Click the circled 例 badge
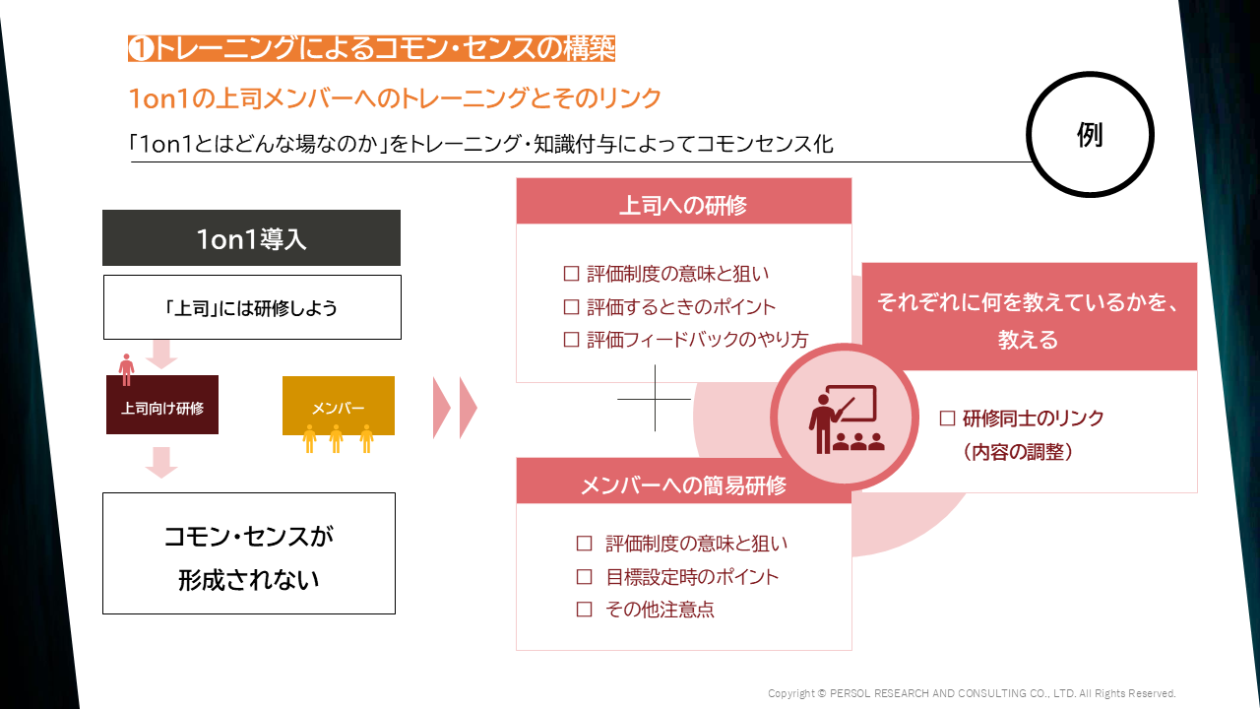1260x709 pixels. [x=1090, y=135]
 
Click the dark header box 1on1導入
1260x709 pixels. [x=251, y=238]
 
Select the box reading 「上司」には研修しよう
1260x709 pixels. [x=252, y=307]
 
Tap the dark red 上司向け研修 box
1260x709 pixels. [x=162, y=406]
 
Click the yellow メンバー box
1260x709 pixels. [x=338, y=406]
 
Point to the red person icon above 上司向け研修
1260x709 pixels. [x=126, y=369]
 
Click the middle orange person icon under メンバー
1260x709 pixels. [x=336, y=438]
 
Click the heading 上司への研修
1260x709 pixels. [x=683, y=205]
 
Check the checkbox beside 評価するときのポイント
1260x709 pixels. [x=571, y=306]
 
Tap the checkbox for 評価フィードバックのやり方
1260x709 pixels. [x=571, y=339]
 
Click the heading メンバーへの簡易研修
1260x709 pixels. [x=683, y=484]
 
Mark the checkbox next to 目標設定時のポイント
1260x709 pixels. [x=585, y=577]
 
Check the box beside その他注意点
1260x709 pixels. [x=585, y=610]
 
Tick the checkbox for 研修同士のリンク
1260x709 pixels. [x=948, y=419]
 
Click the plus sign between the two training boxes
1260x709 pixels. [x=655, y=399]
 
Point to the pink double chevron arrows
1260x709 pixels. [x=455, y=407]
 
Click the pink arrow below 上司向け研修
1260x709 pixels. [x=161, y=462]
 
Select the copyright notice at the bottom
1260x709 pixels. [x=972, y=693]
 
